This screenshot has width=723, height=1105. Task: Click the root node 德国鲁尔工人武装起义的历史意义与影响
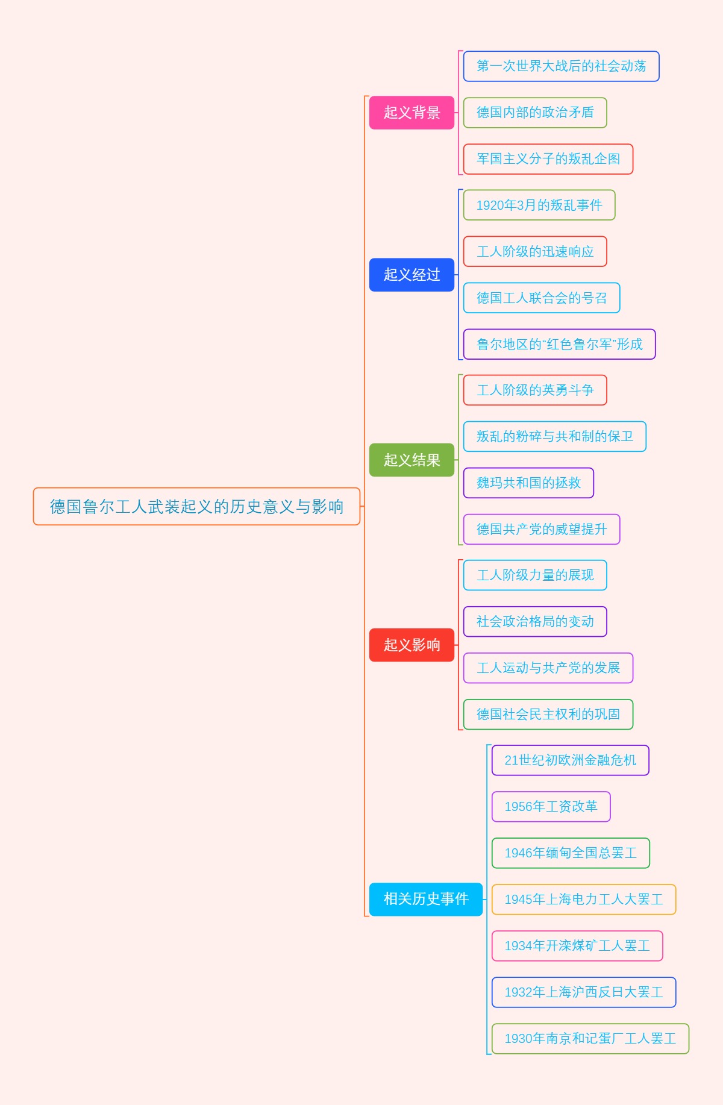(196, 506)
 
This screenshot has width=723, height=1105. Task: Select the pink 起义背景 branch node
(412, 113)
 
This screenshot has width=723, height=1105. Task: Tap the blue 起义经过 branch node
(412, 275)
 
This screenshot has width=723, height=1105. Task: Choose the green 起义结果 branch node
(412, 460)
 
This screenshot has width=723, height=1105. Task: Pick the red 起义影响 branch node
(412, 645)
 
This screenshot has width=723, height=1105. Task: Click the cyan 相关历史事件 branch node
(426, 899)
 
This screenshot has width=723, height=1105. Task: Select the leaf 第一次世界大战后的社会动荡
(561, 66)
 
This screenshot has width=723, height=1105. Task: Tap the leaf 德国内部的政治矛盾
(534, 113)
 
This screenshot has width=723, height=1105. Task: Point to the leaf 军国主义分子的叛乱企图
(548, 159)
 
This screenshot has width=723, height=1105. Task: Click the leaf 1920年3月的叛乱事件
(539, 205)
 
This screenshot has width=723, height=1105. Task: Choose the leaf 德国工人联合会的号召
(541, 298)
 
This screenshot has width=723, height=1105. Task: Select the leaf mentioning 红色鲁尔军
(559, 344)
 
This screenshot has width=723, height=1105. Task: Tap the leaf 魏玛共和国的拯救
(528, 483)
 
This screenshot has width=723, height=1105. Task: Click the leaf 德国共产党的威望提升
(541, 529)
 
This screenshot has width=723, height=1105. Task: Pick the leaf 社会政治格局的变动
(534, 621)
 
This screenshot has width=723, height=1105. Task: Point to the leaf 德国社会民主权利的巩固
(548, 714)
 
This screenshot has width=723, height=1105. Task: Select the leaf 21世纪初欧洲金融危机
(570, 760)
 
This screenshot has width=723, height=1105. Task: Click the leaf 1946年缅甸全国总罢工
(570, 853)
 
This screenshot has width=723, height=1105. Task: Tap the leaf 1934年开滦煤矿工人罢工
(577, 945)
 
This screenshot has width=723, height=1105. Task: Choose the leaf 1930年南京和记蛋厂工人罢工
(590, 1038)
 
